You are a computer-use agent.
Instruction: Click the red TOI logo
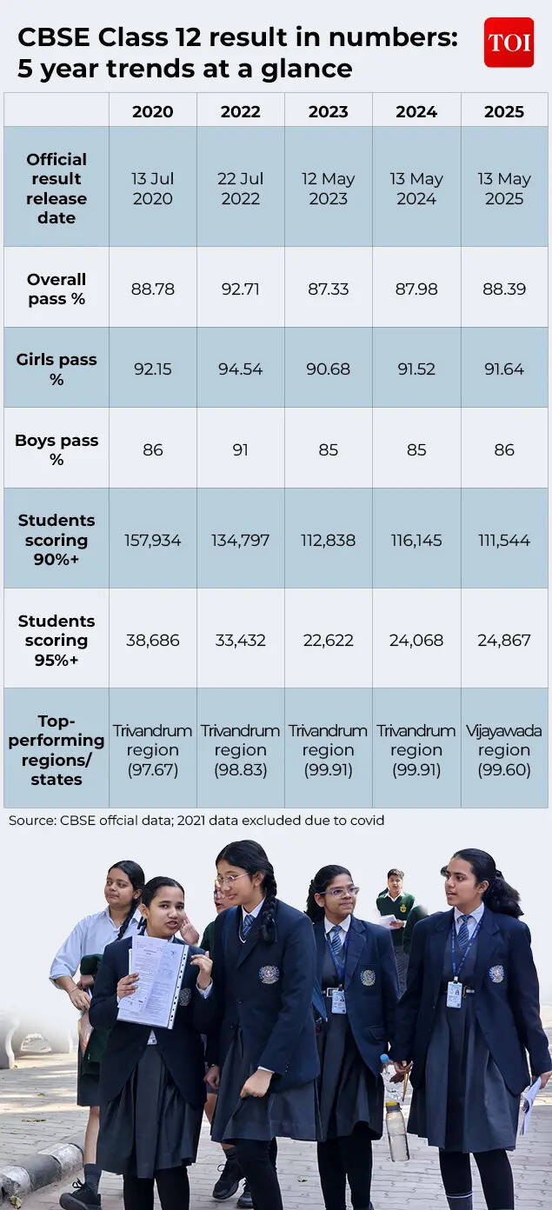(x=509, y=43)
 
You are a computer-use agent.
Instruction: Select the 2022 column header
(x=240, y=111)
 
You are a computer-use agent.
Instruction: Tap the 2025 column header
(x=504, y=111)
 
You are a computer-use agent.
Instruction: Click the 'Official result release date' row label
(x=57, y=189)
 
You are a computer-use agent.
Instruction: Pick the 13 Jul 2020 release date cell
(x=153, y=189)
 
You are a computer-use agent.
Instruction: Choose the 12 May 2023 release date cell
(x=328, y=189)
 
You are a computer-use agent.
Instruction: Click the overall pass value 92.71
(x=240, y=289)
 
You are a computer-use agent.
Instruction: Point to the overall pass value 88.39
(x=504, y=289)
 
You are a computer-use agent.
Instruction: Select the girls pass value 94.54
(x=240, y=369)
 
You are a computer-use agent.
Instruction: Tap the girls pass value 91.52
(x=416, y=369)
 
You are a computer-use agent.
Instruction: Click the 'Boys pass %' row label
(x=57, y=449)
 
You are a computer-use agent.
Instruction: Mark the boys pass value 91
(x=240, y=450)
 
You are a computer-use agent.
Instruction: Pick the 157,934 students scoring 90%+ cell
(x=153, y=541)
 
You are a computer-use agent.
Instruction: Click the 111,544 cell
(x=504, y=541)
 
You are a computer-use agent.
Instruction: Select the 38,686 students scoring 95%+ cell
(x=153, y=641)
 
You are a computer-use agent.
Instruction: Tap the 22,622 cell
(x=328, y=641)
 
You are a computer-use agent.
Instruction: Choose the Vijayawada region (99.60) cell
(x=504, y=750)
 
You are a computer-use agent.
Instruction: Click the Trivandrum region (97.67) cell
(x=153, y=750)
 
